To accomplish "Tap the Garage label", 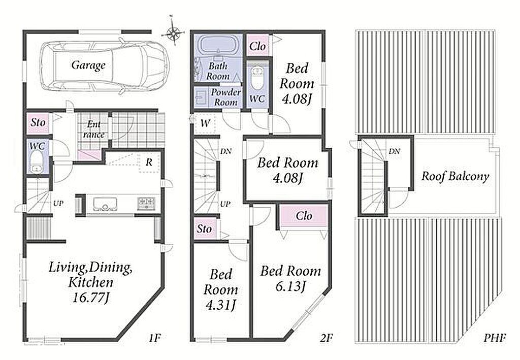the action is coord(88,65).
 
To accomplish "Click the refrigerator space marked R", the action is coord(149,162).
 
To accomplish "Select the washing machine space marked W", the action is coord(205,124).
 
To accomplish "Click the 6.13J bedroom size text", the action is coord(290,286).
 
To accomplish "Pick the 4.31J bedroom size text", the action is coord(220,305).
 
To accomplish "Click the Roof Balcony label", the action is coord(456,176).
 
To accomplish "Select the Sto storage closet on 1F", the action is coord(38,123).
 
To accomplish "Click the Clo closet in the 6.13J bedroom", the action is coord(304,216).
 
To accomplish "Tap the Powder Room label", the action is coord(226,97).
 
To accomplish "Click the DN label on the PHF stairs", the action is coord(394,151).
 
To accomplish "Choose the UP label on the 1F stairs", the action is coord(58,203).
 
